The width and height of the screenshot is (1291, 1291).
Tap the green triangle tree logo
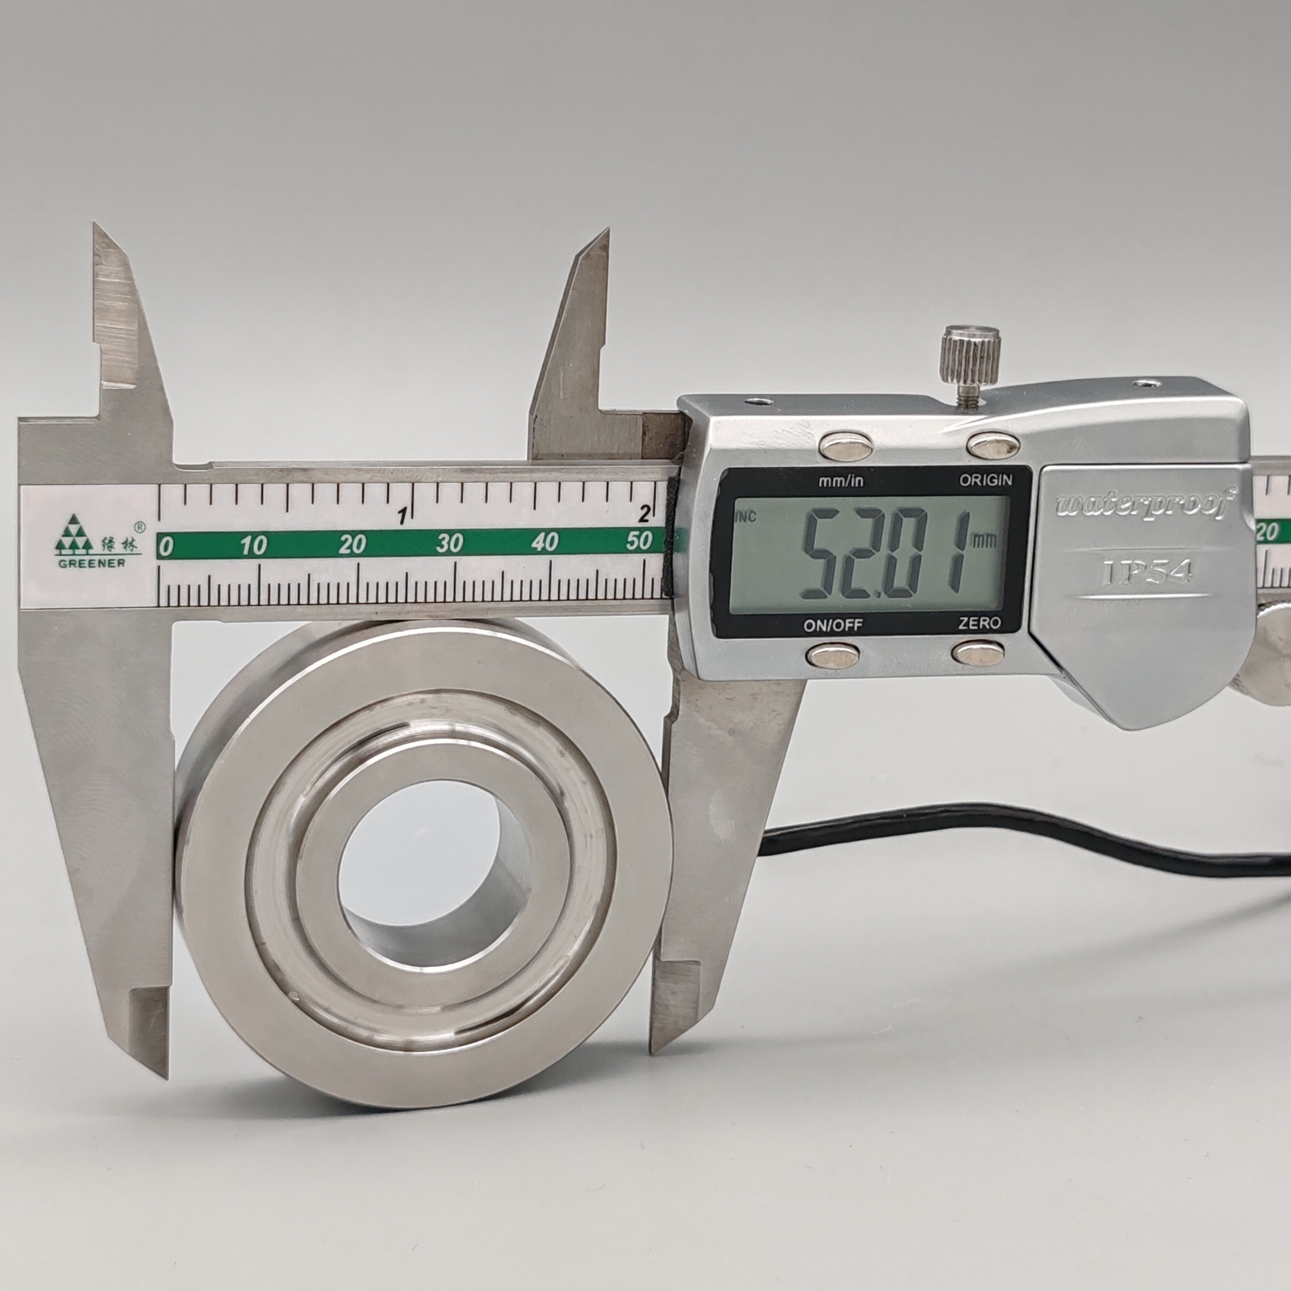pos(74,535)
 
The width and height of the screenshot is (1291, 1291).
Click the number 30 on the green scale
pos(449,543)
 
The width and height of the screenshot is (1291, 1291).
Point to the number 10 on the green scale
pos(254,545)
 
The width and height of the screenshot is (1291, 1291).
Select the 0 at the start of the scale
pos(166,547)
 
